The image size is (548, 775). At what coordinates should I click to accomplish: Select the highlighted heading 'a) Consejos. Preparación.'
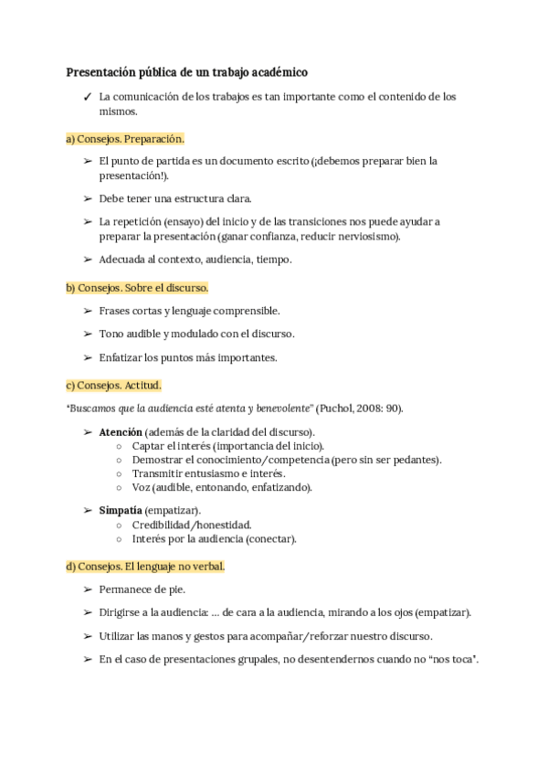coord(125,139)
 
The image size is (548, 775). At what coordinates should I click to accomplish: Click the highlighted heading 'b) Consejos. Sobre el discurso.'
coord(138,288)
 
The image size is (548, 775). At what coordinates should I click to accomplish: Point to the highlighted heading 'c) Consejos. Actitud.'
coord(113,386)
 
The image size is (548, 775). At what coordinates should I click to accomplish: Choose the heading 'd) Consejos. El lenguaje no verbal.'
coord(145,567)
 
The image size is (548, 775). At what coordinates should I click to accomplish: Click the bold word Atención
coord(121,431)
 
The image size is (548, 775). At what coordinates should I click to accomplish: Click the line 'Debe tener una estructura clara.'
coord(174,198)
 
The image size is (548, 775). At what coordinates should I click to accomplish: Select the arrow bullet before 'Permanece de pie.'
coord(88,589)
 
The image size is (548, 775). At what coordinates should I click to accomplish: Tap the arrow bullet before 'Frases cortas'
coord(88,311)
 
